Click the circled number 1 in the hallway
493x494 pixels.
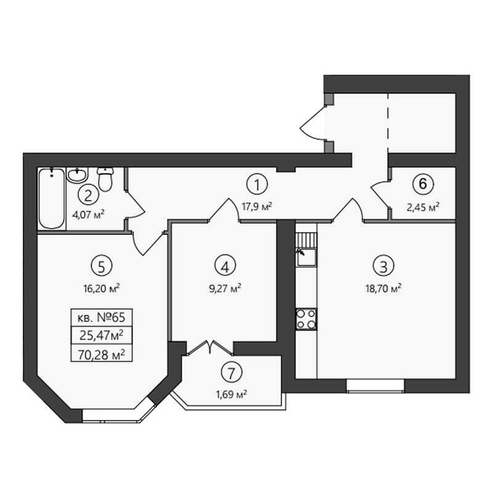pyautogui.click(x=257, y=184)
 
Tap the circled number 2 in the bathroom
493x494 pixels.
pyautogui.click(x=88, y=196)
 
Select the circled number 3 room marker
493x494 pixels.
pyautogui.click(x=383, y=266)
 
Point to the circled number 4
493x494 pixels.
pyautogui.click(x=225, y=266)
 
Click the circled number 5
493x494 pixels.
pyautogui.click(x=101, y=266)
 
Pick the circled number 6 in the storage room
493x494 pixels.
pyautogui.click(x=423, y=184)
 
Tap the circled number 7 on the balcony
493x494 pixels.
pyautogui.click(x=232, y=373)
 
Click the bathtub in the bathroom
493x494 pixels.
pyautogui.click(x=52, y=199)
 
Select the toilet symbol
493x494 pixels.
pyautogui.click(x=105, y=179)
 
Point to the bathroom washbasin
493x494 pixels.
pyautogui.click(x=78, y=175)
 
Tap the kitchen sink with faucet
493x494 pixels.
pyautogui.click(x=306, y=257)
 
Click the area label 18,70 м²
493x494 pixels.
pyautogui.click(x=383, y=288)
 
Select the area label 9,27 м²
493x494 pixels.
pyautogui.click(x=225, y=288)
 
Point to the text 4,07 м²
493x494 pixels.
pyautogui.click(x=88, y=215)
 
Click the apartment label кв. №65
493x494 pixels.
pyautogui.click(x=101, y=318)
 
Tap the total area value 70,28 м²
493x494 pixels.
pyautogui.click(x=101, y=355)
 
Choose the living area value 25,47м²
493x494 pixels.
pyautogui.click(x=101, y=336)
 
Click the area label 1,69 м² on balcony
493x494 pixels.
pyautogui.click(x=231, y=394)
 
